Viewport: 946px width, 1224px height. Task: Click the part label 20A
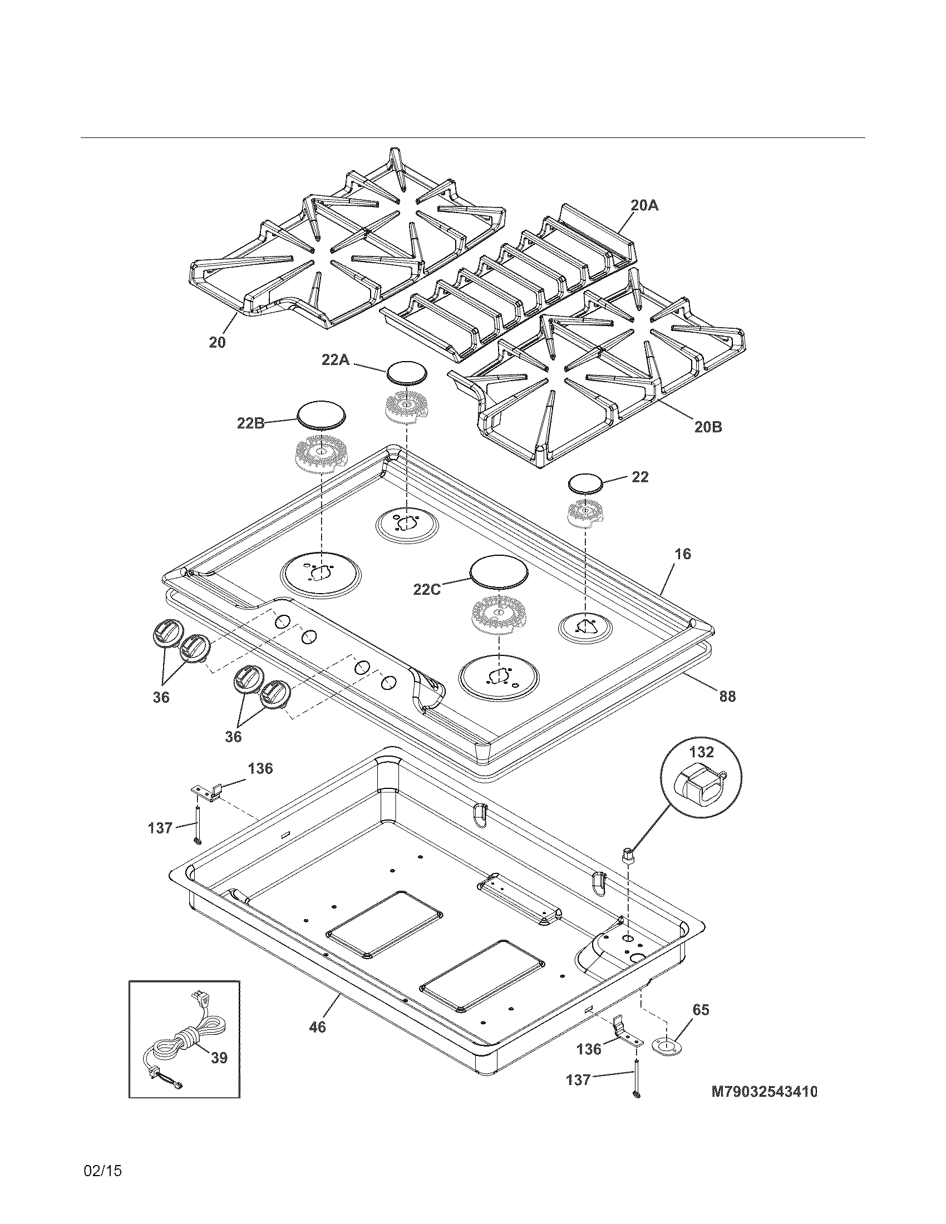644,206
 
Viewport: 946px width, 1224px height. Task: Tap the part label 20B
708,427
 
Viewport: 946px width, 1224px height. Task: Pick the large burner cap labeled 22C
499,571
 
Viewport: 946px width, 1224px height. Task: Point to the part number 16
682,554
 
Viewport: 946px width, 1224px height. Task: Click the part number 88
727,697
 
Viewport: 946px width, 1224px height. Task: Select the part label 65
701,1010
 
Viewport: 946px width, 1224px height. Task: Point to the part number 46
317,1026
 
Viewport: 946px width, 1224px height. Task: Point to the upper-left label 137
160,827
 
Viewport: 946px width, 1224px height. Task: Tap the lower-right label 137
578,1079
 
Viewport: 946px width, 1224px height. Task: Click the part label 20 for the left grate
218,342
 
